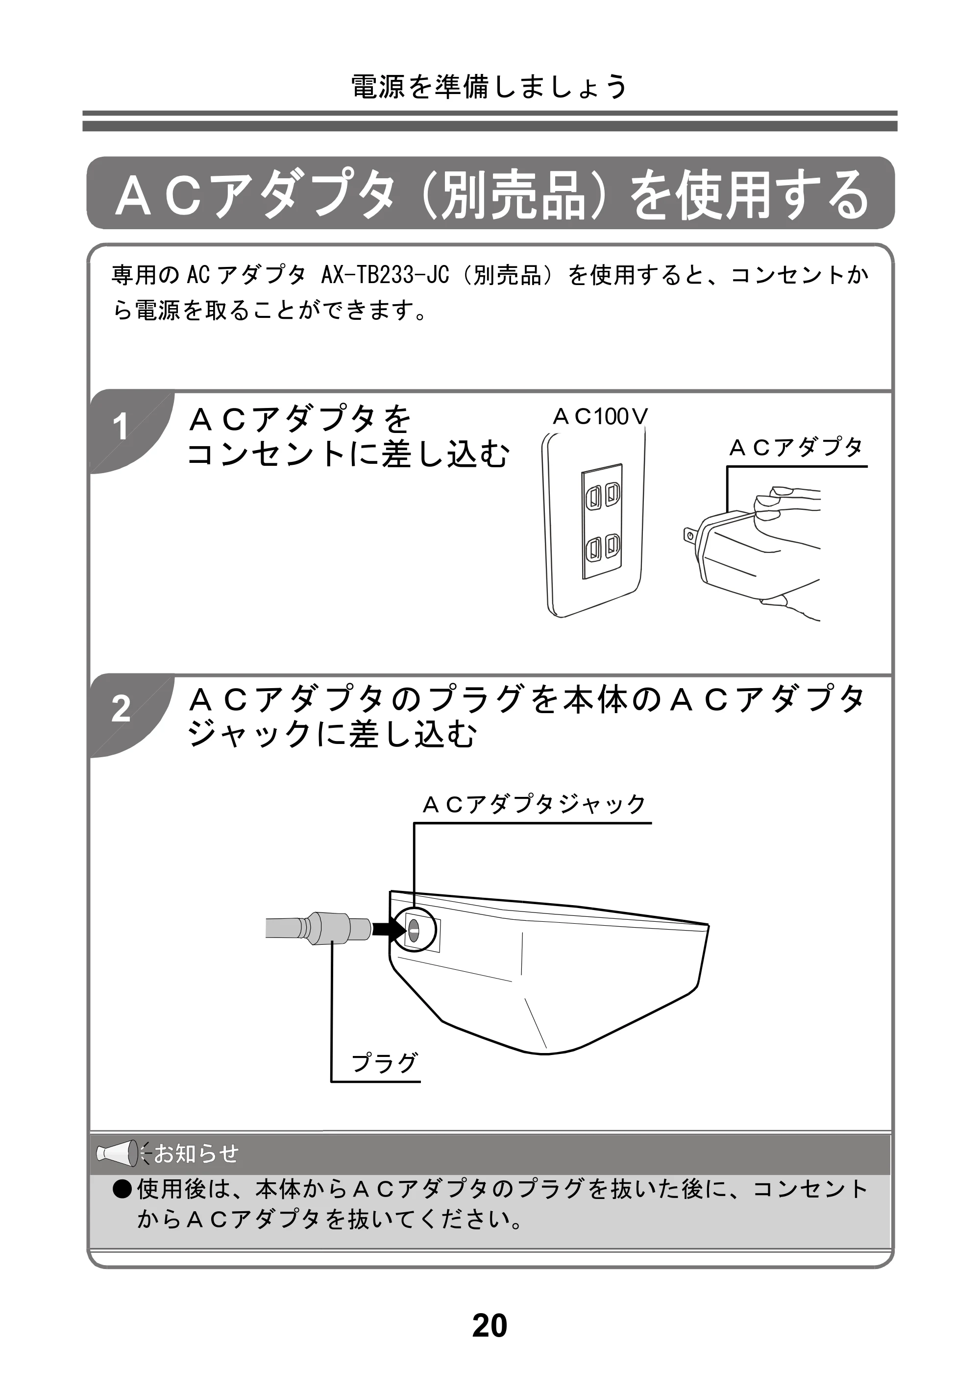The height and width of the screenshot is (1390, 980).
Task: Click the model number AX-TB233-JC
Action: (x=384, y=275)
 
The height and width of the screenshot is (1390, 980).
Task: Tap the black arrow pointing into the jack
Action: (x=388, y=929)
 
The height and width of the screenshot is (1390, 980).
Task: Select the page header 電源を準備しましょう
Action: (x=490, y=87)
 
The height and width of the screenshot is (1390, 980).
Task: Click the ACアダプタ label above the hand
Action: (x=796, y=448)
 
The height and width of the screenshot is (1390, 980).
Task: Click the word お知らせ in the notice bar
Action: (x=196, y=1153)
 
